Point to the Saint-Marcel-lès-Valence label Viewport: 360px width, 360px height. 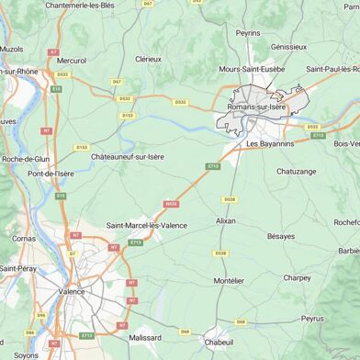coord(147,225)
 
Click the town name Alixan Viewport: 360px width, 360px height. coord(225,220)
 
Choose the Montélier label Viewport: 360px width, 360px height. coord(229,280)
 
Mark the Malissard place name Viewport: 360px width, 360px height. coord(145,338)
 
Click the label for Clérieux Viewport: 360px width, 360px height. coord(148,59)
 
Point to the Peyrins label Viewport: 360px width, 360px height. coord(248,32)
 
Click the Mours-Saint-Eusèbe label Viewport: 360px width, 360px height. coord(252,69)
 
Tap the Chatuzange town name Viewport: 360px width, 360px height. coord(297,171)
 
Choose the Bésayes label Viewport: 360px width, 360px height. coord(281,236)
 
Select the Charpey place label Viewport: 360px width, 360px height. coord(297,277)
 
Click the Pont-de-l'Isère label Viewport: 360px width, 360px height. coord(51,174)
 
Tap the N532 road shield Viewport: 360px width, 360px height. coord(171,204)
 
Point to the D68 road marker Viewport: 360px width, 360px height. coord(241,322)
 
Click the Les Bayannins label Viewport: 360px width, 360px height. coord(271,144)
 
